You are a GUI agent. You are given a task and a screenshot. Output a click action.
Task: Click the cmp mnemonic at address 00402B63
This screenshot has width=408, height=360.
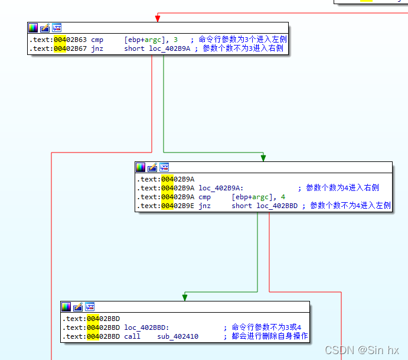[x=97, y=40]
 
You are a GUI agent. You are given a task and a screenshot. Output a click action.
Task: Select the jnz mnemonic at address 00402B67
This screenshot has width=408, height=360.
[x=97, y=48]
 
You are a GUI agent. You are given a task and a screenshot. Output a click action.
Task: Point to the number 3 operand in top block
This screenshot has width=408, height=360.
[x=175, y=40]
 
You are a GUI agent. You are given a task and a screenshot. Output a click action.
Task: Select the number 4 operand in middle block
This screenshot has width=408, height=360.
[x=283, y=197]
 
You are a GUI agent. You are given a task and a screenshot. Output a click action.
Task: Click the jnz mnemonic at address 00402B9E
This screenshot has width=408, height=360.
[x=204, y=206]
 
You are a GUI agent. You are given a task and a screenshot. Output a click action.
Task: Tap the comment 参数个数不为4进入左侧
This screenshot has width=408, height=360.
[x=350, y=206]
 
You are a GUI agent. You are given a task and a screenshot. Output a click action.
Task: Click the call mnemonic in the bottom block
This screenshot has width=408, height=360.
[x=132, y=336]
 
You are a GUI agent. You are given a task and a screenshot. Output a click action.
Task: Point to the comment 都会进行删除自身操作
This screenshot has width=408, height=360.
[x=270, y=336]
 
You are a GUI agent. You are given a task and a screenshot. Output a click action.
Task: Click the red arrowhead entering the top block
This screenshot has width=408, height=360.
[x=157, y=18]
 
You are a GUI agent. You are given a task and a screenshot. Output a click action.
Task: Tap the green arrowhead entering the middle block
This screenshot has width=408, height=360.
[x=263, y=157]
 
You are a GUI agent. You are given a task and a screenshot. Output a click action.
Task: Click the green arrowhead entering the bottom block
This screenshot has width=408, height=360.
[x=185, y=297]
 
